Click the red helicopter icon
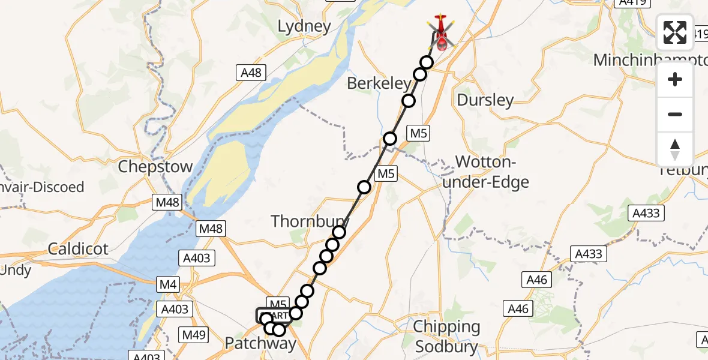[x=441, y=32]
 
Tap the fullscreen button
[x=675, y=32]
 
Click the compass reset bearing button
[x=675, y=149]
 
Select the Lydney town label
[x=304, y=26]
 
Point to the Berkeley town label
[x=379, y=84]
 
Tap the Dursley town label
[x=485, y=100]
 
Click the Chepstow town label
[x=155, y=166]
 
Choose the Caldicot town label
[x=78, y=248]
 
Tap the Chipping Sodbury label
[x=446, y=337]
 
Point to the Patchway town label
[x=260, y=343]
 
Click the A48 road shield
[x=251, y=73]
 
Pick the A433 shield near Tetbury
[x=646, y=213]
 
